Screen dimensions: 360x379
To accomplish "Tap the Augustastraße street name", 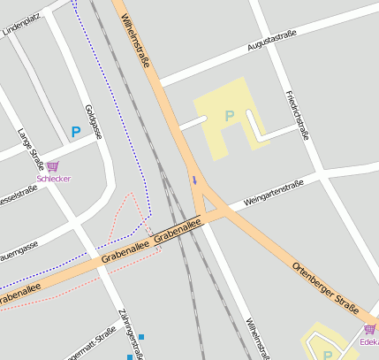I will (272, 40).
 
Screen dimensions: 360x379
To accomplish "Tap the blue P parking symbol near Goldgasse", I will (76, 133).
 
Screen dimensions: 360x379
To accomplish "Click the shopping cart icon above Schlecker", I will (53, 166).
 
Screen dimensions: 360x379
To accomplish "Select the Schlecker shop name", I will (53, 179).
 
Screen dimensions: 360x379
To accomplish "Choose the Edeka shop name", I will (369, 341).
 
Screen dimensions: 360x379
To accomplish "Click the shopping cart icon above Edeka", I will (369, 329).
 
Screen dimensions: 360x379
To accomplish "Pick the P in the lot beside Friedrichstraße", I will (230, 116).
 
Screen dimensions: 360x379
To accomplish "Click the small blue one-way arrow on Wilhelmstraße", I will (194, 180).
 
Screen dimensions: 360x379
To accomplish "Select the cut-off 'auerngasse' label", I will (18, 245).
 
